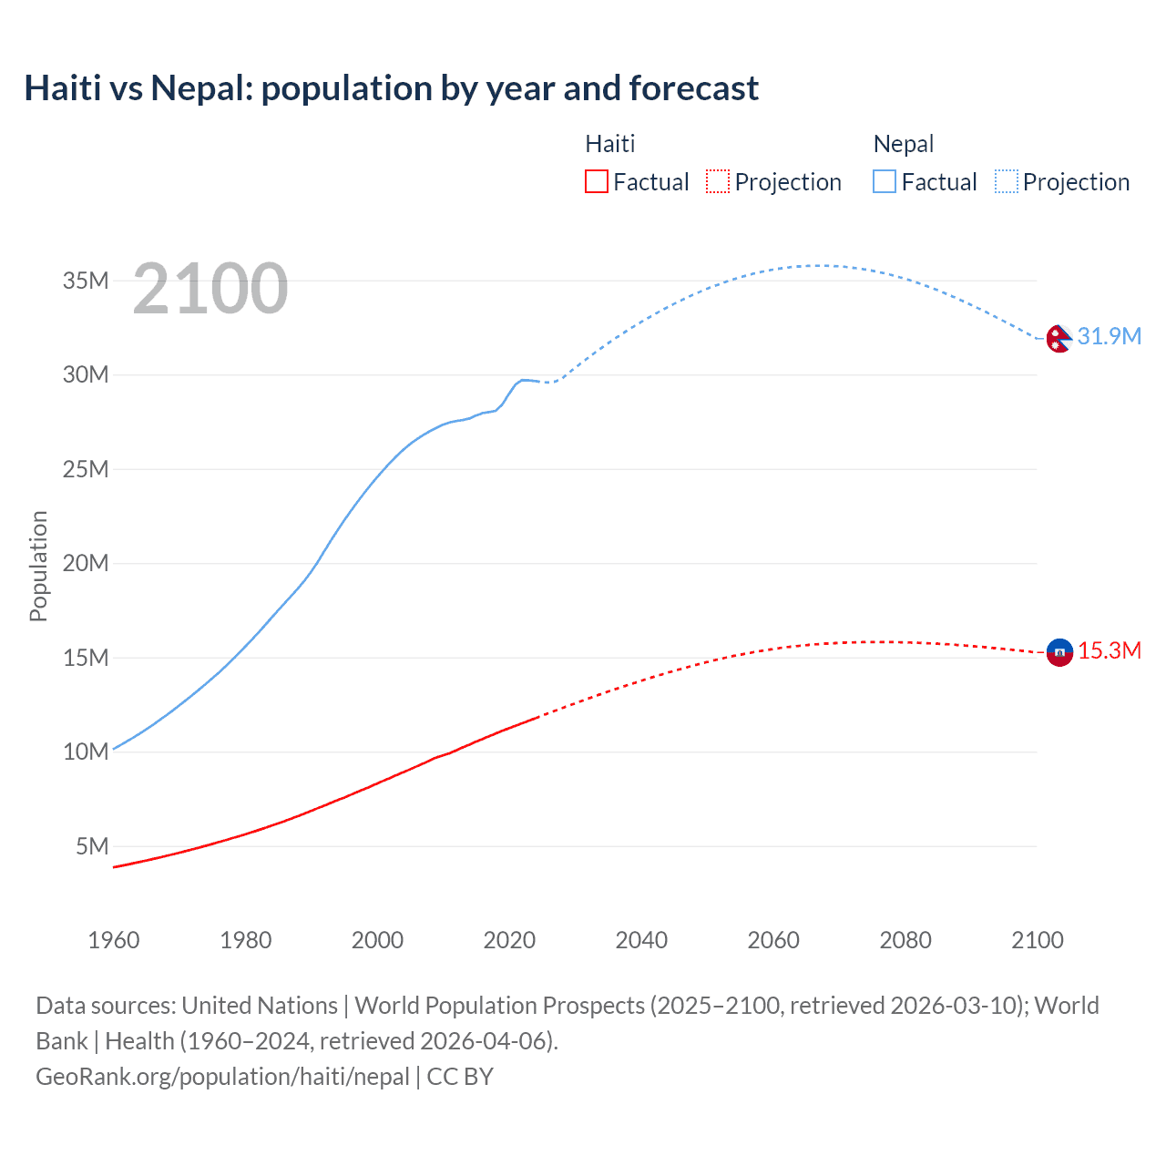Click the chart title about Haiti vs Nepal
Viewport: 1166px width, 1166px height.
coord(391,88)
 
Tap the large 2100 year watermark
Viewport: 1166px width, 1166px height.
coord(210,289)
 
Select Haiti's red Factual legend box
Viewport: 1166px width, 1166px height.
coord(597,181)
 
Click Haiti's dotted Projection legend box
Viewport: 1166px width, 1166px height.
coord(718,181)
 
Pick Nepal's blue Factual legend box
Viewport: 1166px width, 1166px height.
coord(885,181)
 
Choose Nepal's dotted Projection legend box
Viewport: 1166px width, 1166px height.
coord(1006,181)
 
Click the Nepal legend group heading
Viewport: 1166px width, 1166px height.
coord(903,144)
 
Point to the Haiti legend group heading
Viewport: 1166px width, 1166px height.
coord(609,144)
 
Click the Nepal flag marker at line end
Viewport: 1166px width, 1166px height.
coord(1059,338)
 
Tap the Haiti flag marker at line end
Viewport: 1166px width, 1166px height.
coord(1059,652)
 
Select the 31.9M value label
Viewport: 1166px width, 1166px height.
coord(1109,336)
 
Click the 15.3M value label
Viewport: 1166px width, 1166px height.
coord(1110,651)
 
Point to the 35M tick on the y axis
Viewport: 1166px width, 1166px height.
coord(86,281)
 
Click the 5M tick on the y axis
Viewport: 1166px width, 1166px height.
coord(92,846)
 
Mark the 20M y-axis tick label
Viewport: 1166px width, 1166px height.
coord(86,563)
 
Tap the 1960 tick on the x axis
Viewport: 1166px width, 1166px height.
coord(114,940)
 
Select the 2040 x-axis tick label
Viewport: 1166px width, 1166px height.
coord(641,940)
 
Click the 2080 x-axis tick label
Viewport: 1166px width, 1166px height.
coord(905,940)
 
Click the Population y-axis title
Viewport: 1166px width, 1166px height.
coord(38,566)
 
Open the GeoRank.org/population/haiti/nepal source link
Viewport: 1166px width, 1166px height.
coord(222,1077)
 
